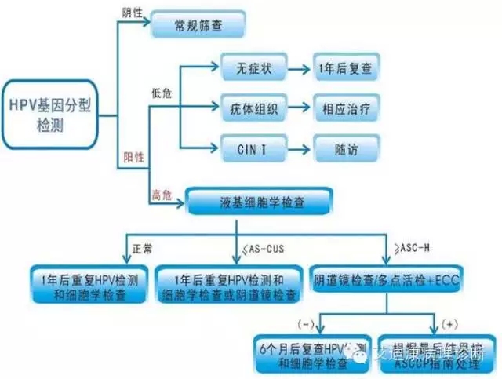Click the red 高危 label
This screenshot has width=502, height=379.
click(160, 194)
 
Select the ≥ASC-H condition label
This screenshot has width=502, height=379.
click(409, 249)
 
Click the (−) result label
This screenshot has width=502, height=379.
click(306, 322)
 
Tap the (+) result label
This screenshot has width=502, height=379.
click(450, 322)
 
